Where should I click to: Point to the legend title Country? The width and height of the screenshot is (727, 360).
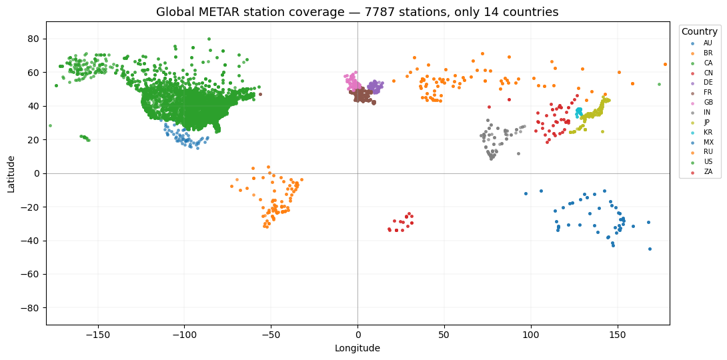coord(699,31)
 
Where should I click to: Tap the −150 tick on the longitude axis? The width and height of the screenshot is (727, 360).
coord(98,335)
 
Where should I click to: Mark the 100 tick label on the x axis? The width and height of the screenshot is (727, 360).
coord(531,335)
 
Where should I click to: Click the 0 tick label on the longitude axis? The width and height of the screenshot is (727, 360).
coord(357,335)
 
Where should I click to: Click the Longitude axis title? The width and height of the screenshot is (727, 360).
coord(357,349)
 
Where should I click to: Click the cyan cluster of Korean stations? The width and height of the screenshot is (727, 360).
coord(579,112)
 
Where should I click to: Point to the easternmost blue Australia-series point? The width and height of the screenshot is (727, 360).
coord(650,249)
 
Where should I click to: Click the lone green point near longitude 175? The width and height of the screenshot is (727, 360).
coord(659,84)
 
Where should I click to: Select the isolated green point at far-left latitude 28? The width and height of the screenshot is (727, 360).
coord(50,125)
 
